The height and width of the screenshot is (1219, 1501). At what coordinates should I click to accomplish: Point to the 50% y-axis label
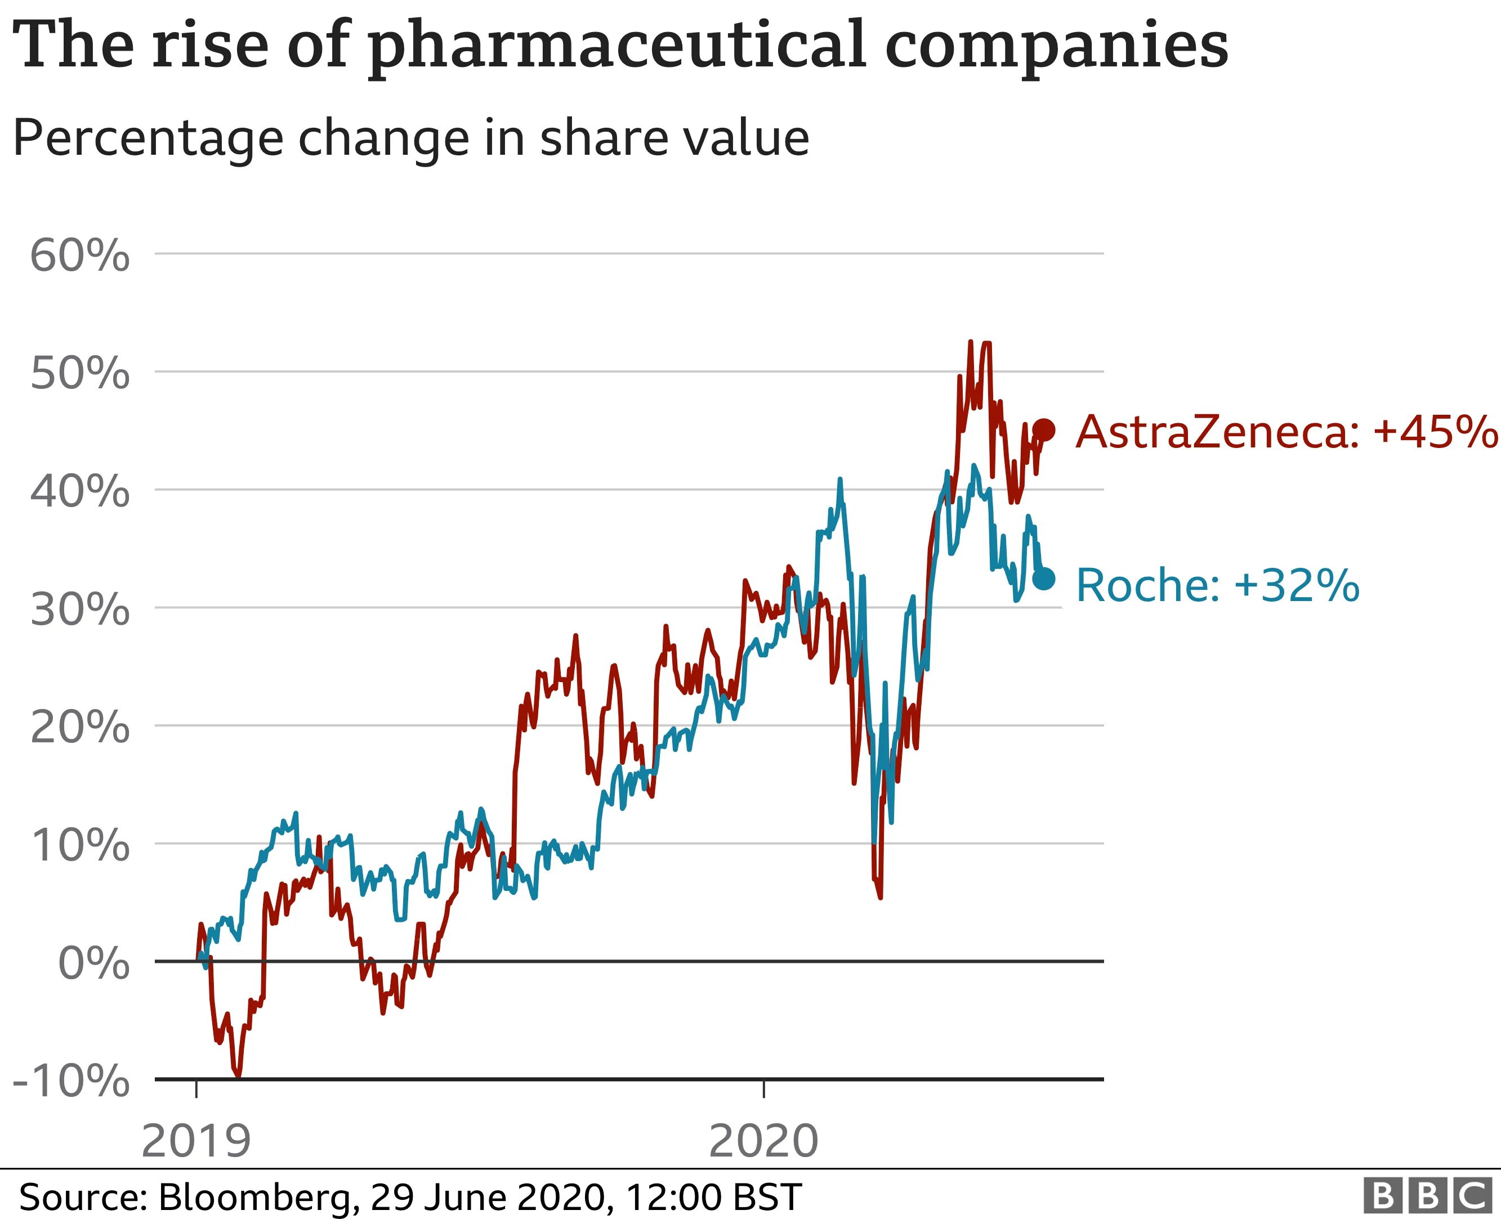(79, 374)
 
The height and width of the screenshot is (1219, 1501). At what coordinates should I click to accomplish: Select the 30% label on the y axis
(79, 609)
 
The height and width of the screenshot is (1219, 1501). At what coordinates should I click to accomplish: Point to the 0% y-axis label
(93, 963)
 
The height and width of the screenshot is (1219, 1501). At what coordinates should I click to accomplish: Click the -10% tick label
(72, 1081)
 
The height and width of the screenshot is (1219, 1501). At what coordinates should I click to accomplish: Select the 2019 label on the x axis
(196, 1142)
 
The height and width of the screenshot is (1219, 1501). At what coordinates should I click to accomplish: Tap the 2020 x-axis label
(763, 1142)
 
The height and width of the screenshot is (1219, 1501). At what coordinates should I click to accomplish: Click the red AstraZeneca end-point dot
(1044, 430)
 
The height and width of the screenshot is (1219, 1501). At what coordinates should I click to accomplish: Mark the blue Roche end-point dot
(1044, 579)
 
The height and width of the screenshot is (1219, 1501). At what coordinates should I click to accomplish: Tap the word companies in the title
(1056, 46)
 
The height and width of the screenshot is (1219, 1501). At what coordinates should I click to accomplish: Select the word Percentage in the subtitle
(148, 138)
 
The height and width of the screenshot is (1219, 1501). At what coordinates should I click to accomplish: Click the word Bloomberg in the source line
(258, 1196)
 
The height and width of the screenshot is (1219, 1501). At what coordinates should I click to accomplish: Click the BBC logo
(1428, 1194)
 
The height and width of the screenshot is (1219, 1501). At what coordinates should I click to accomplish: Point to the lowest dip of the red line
(238, 1074)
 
